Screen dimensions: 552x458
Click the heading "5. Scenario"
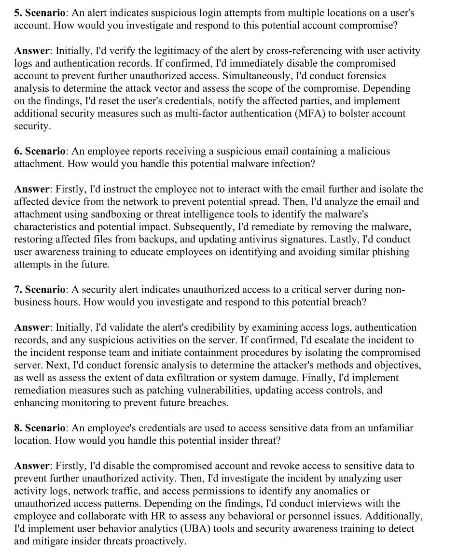(40, 13)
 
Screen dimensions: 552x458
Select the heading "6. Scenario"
(40, 151)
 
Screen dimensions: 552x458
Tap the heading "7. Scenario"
(40, 290)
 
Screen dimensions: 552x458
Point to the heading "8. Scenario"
(40, 428)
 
